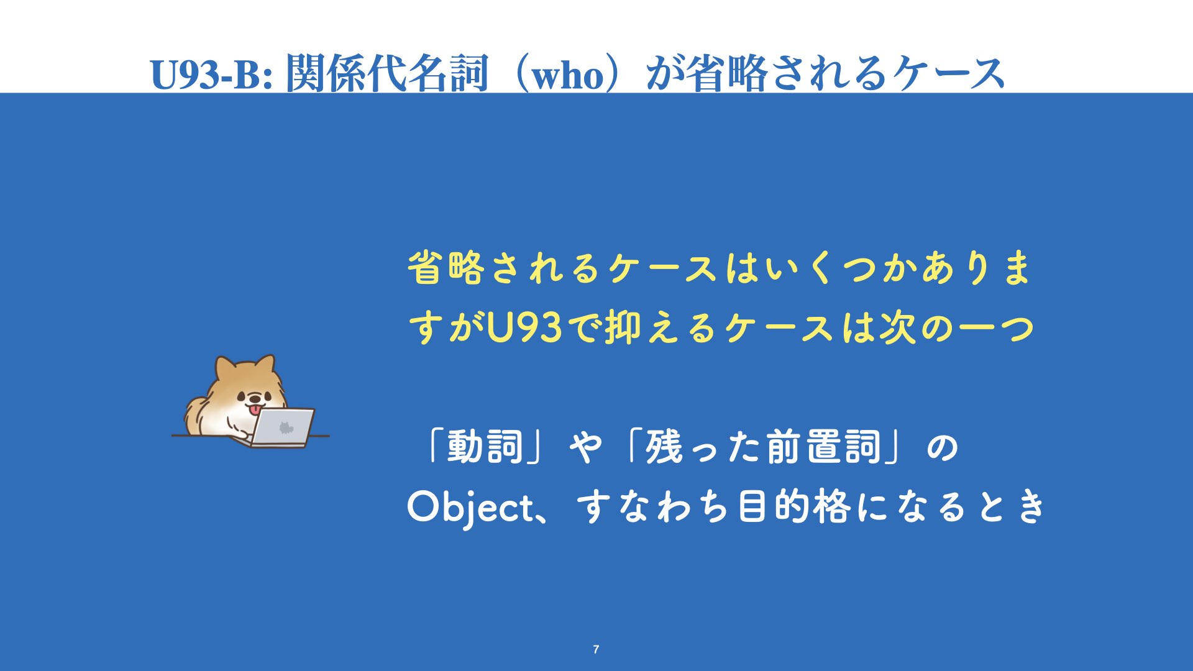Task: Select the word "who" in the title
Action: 568,76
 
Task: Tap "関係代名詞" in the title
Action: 387,73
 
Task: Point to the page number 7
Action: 596,649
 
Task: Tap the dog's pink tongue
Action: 255,410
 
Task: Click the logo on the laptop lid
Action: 285,427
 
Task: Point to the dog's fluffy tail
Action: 194,415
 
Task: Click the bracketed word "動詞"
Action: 485,447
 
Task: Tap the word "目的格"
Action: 793,507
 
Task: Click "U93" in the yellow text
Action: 524,327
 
